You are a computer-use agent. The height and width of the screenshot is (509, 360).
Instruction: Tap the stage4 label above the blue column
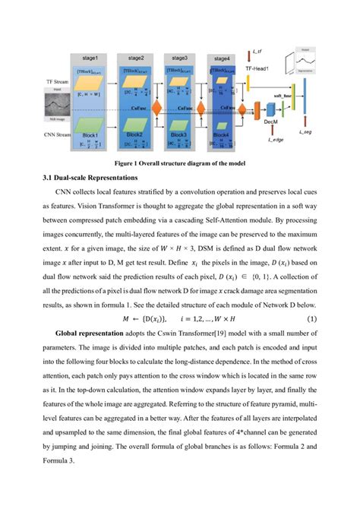point(222,58)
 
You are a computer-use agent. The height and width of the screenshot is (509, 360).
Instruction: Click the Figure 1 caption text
point(179,163)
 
